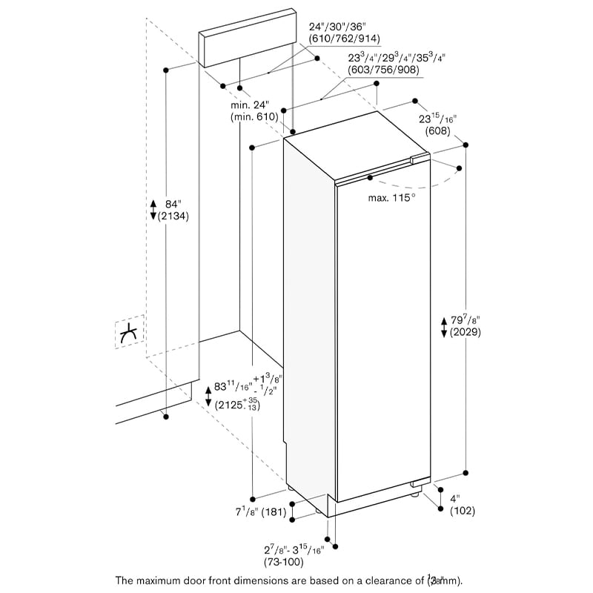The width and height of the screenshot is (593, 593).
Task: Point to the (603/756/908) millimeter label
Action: click(x=383, y=70)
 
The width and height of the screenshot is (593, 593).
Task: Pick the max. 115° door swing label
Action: click(x=392, y=198)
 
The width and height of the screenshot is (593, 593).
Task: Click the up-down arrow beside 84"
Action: click(x=152, y=209)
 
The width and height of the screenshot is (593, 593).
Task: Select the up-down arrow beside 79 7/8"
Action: click(x=443, y=326)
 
